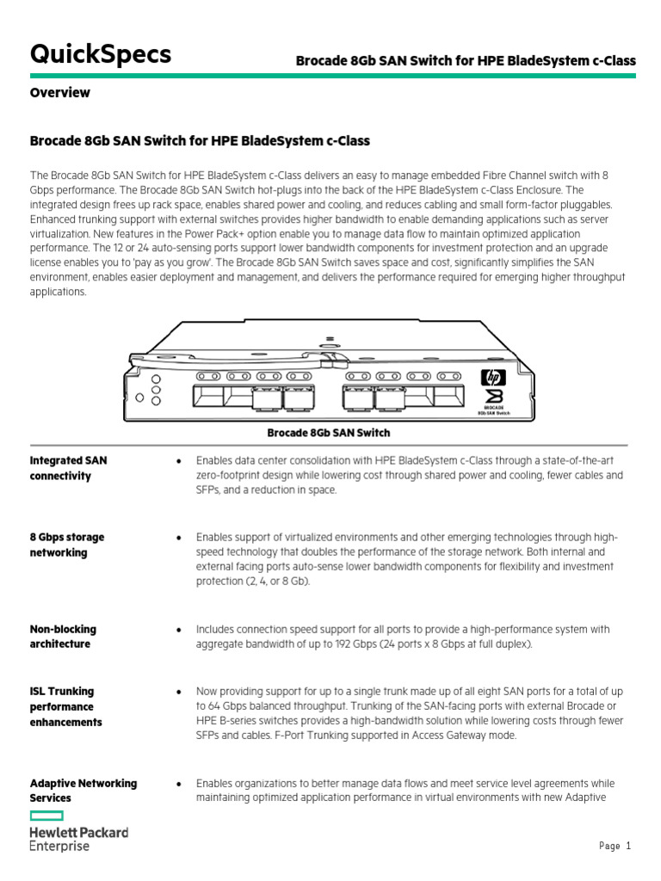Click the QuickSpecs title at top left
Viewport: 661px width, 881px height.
(x=101, y=55)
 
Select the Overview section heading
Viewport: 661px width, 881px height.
(x=60, y=93)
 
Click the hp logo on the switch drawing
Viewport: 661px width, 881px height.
(x=493, y=377)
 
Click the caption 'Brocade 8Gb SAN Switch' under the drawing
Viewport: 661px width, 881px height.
(x=329, y=433)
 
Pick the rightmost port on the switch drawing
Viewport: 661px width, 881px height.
(x=448, y=397)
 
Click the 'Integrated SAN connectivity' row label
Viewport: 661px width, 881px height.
(x=69, y=468)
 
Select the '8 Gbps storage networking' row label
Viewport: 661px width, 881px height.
(x=67, y=545)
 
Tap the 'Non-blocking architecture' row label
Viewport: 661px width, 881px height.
(x=64, y=637)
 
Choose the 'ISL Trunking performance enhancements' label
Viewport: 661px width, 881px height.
(x=66, y=706)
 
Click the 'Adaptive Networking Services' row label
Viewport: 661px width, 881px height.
(x=83, y=791)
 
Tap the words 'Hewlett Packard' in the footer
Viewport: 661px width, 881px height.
(x=79, y=833)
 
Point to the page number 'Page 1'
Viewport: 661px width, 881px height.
(x=615, y=847)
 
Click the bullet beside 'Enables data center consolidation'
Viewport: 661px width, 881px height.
(x=178, y=461)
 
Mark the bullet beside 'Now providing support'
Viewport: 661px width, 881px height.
(x=178, y=692)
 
